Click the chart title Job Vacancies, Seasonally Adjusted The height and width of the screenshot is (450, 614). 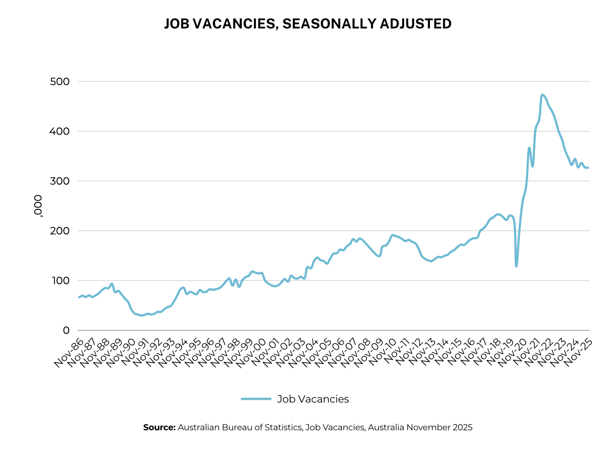click(307, 24)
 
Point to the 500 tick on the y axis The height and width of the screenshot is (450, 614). click(60, 82)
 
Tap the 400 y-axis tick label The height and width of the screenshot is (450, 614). click(60, 131)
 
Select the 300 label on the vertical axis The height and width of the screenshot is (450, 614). click(60, 181)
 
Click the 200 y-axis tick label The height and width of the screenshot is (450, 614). click(60, 231)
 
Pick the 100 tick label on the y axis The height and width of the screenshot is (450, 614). click(60, 281)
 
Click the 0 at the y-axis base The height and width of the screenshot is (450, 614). click(66, 331)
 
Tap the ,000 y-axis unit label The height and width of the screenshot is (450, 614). click(38, 206)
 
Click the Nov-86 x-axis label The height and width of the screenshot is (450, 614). click(69, 353)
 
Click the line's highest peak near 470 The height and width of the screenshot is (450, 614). click(542, 95)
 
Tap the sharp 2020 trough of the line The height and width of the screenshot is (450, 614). click(516, 266)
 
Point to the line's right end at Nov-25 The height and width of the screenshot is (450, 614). click(588, 168)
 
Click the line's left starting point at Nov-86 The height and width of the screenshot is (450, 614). click(79, 297)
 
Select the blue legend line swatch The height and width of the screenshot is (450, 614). click(256, 399)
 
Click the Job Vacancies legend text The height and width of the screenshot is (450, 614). click(313, 399)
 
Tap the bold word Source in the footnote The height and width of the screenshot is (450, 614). click(159, 427)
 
